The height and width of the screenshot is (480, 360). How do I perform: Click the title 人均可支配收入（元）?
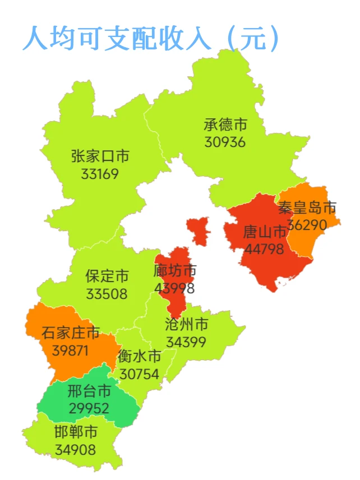point(151,38)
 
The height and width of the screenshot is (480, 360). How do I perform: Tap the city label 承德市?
point(225,124)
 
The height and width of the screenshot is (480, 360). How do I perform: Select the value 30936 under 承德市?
point(225,142)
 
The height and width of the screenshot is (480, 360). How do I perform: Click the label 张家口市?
point(100,156)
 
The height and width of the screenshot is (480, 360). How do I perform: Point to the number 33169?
point(100,173)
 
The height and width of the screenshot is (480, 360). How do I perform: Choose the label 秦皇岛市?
point(307,208)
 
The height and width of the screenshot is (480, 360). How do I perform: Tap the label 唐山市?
point(265,232)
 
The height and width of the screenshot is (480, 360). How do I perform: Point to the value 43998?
point(174,288)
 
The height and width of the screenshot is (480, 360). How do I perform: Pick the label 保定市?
point(107,276)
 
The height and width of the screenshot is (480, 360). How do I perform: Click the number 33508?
point(107,294)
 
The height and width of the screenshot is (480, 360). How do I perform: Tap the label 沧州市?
point(187,324)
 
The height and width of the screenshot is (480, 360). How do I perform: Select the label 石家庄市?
point(71,333)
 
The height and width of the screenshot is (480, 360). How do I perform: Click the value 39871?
point(71,350)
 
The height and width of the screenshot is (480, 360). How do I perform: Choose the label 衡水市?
point(139,357)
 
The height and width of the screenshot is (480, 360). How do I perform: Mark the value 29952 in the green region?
point(89,408)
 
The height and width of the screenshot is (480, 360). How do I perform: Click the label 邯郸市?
point(76,432)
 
